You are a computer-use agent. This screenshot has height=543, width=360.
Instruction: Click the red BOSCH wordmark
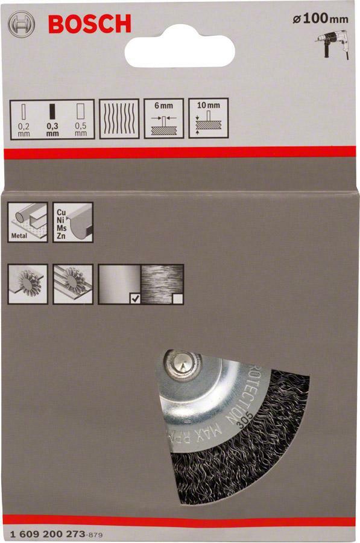pyautogui.click(x=89, y=24)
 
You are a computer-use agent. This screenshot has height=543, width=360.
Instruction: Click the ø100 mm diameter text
pyautogui.click(x=320, y=19)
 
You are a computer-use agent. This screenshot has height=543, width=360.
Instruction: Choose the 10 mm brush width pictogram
pyautogui.click(x=208, y=118)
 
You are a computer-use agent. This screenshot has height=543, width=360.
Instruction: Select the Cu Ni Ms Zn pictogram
pyautogui.click(x=73, y=222)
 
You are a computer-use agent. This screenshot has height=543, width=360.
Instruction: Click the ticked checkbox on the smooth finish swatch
pyautogui.click(x=135, y=297)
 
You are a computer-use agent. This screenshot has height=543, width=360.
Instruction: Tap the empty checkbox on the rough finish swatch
pyautogui.click(x=177, y=297)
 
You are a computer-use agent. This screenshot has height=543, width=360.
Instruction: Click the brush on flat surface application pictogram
pyautogui.click(x=28, y=284)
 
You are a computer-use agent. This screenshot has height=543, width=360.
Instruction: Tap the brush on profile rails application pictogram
pyautogui.click(x=73, y=284)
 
